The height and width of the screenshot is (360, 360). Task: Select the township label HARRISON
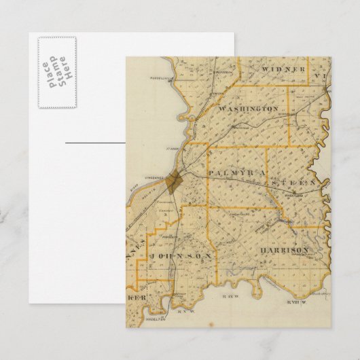coord(284,250)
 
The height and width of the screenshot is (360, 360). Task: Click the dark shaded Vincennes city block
coord(175,181)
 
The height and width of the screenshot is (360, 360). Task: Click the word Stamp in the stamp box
coord(57,73)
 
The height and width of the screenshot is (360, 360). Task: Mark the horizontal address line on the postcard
coord(95,143)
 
